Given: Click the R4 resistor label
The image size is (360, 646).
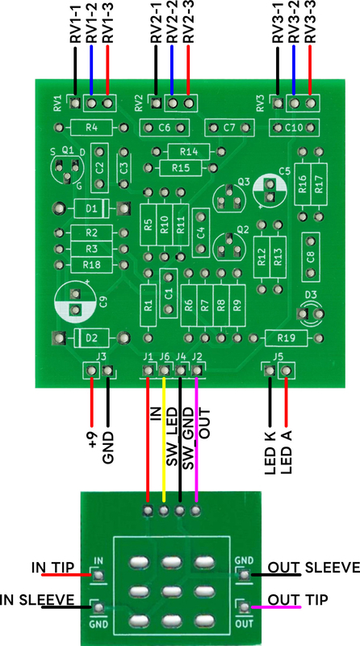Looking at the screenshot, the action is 91,128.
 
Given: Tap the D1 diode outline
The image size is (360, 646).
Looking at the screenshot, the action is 91,208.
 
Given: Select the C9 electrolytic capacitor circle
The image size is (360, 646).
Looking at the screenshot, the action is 75,302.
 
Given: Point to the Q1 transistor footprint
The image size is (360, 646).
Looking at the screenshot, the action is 67,168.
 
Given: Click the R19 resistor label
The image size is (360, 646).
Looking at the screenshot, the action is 286,338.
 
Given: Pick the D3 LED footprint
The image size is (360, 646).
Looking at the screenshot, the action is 311,314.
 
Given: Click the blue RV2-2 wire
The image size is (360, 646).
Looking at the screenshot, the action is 172,70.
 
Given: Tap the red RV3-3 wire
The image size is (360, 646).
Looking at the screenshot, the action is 310,70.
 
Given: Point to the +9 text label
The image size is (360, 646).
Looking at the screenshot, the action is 93,439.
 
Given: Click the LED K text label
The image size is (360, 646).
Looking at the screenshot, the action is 270,452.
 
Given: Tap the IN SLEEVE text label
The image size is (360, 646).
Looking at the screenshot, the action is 37,600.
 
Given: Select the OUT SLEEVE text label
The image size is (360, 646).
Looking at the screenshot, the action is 314,568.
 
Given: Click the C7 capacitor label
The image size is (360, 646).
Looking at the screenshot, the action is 229,128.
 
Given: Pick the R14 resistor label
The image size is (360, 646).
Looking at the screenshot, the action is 189,152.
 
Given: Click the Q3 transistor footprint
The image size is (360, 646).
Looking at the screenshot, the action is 229,198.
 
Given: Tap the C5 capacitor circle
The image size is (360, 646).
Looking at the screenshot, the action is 270,191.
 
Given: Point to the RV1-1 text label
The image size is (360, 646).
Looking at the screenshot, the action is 76,22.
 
